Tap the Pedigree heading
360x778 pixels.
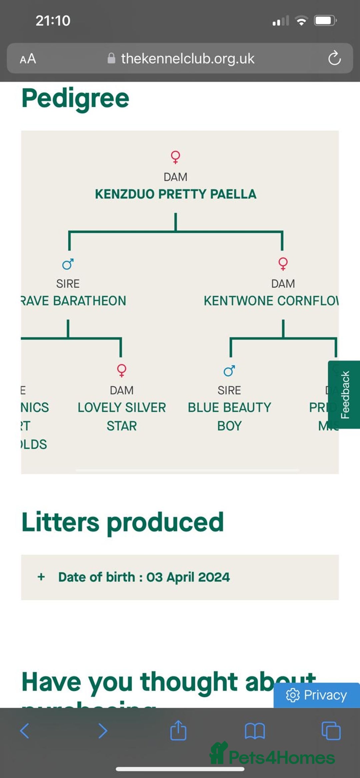[x=75, y=99]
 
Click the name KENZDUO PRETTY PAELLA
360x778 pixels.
[x=176, y=194]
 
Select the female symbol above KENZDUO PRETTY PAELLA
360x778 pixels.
[x=175, y=157]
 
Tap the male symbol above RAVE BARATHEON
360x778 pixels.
[x=68, y=264]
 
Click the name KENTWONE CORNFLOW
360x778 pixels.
[x=271, y=301]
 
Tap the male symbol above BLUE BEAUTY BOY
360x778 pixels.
[x=229, y=371]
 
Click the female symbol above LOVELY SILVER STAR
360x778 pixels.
[x=122, y=370]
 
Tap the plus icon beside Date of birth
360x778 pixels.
[x=41, y=577]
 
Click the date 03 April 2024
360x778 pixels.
[x=188, y=577]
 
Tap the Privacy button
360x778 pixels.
[x=316, y=695]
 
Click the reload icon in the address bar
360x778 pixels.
[x=334, y=59]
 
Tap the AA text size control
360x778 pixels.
[x=28, y=59]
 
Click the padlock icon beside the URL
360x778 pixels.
[x=111, y=59]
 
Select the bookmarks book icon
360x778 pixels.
[x=255, y=731]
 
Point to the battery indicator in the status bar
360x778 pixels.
[x=325, y=21]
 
